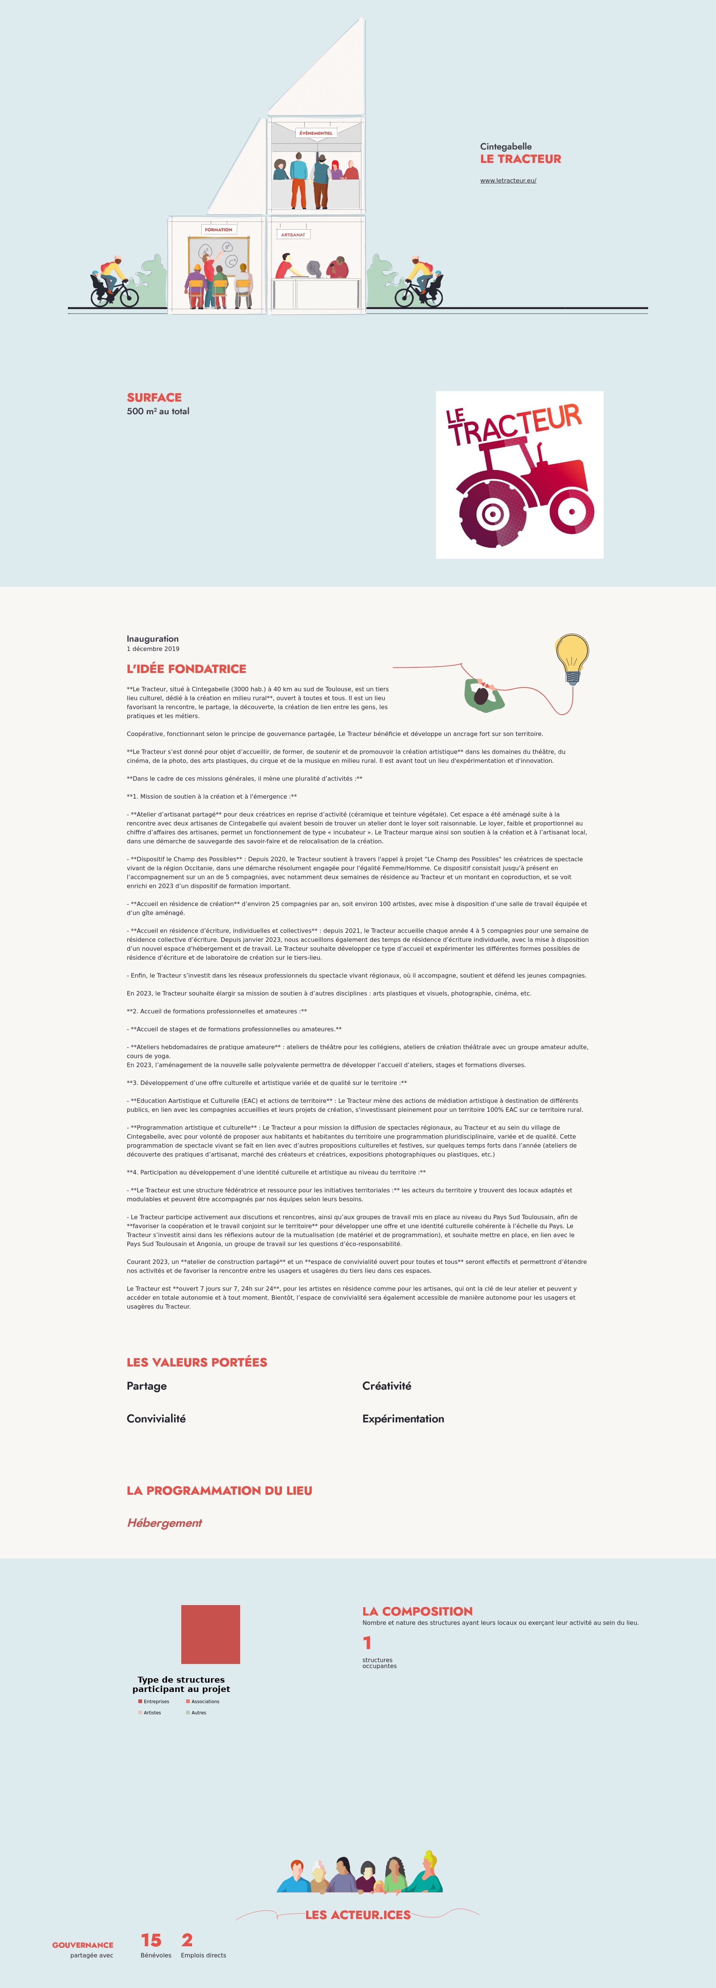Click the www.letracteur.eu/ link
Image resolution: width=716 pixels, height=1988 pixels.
(508, 180)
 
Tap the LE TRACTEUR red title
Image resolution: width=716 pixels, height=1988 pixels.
(520, 159)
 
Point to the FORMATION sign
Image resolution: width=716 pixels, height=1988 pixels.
(219, 229)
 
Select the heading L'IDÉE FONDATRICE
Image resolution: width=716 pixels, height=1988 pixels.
(186, 669)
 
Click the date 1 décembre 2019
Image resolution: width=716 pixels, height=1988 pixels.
(153, 649)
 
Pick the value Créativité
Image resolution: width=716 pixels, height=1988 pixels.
(387, 1386)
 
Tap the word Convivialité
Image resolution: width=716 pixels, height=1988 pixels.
(156, 1418)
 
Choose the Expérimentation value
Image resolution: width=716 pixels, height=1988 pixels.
(403, 1418)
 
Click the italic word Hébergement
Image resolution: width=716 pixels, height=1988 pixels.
(164, 1523)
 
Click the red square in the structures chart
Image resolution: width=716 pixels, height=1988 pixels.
(211, 1635)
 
